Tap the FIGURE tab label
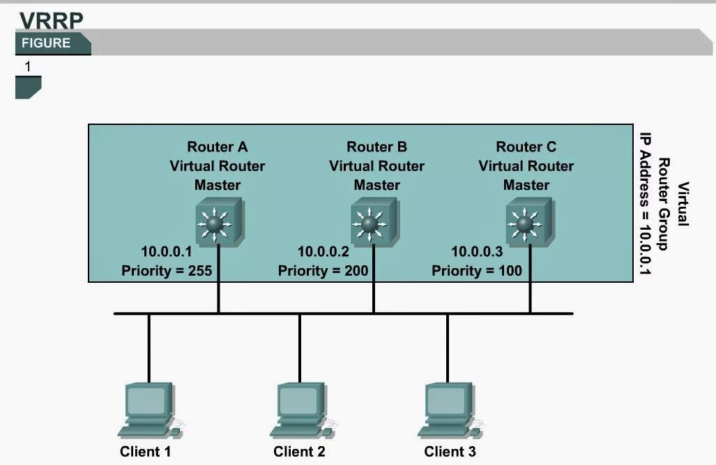click(x=46, y=43)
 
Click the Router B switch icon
click(x=374, y=222)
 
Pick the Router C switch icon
click(x=528, y=222)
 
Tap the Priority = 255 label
click(x=167, y=270)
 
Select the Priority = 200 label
click(x=323, y=270)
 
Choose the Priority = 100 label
click(x=477, y=270)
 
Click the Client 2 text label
click(x=299, y=452)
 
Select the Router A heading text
click(x=218, y=147)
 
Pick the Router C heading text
click(x=526, y=147)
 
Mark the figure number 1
click(x=28, y=67)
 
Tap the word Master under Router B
click(x=376, y=185)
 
